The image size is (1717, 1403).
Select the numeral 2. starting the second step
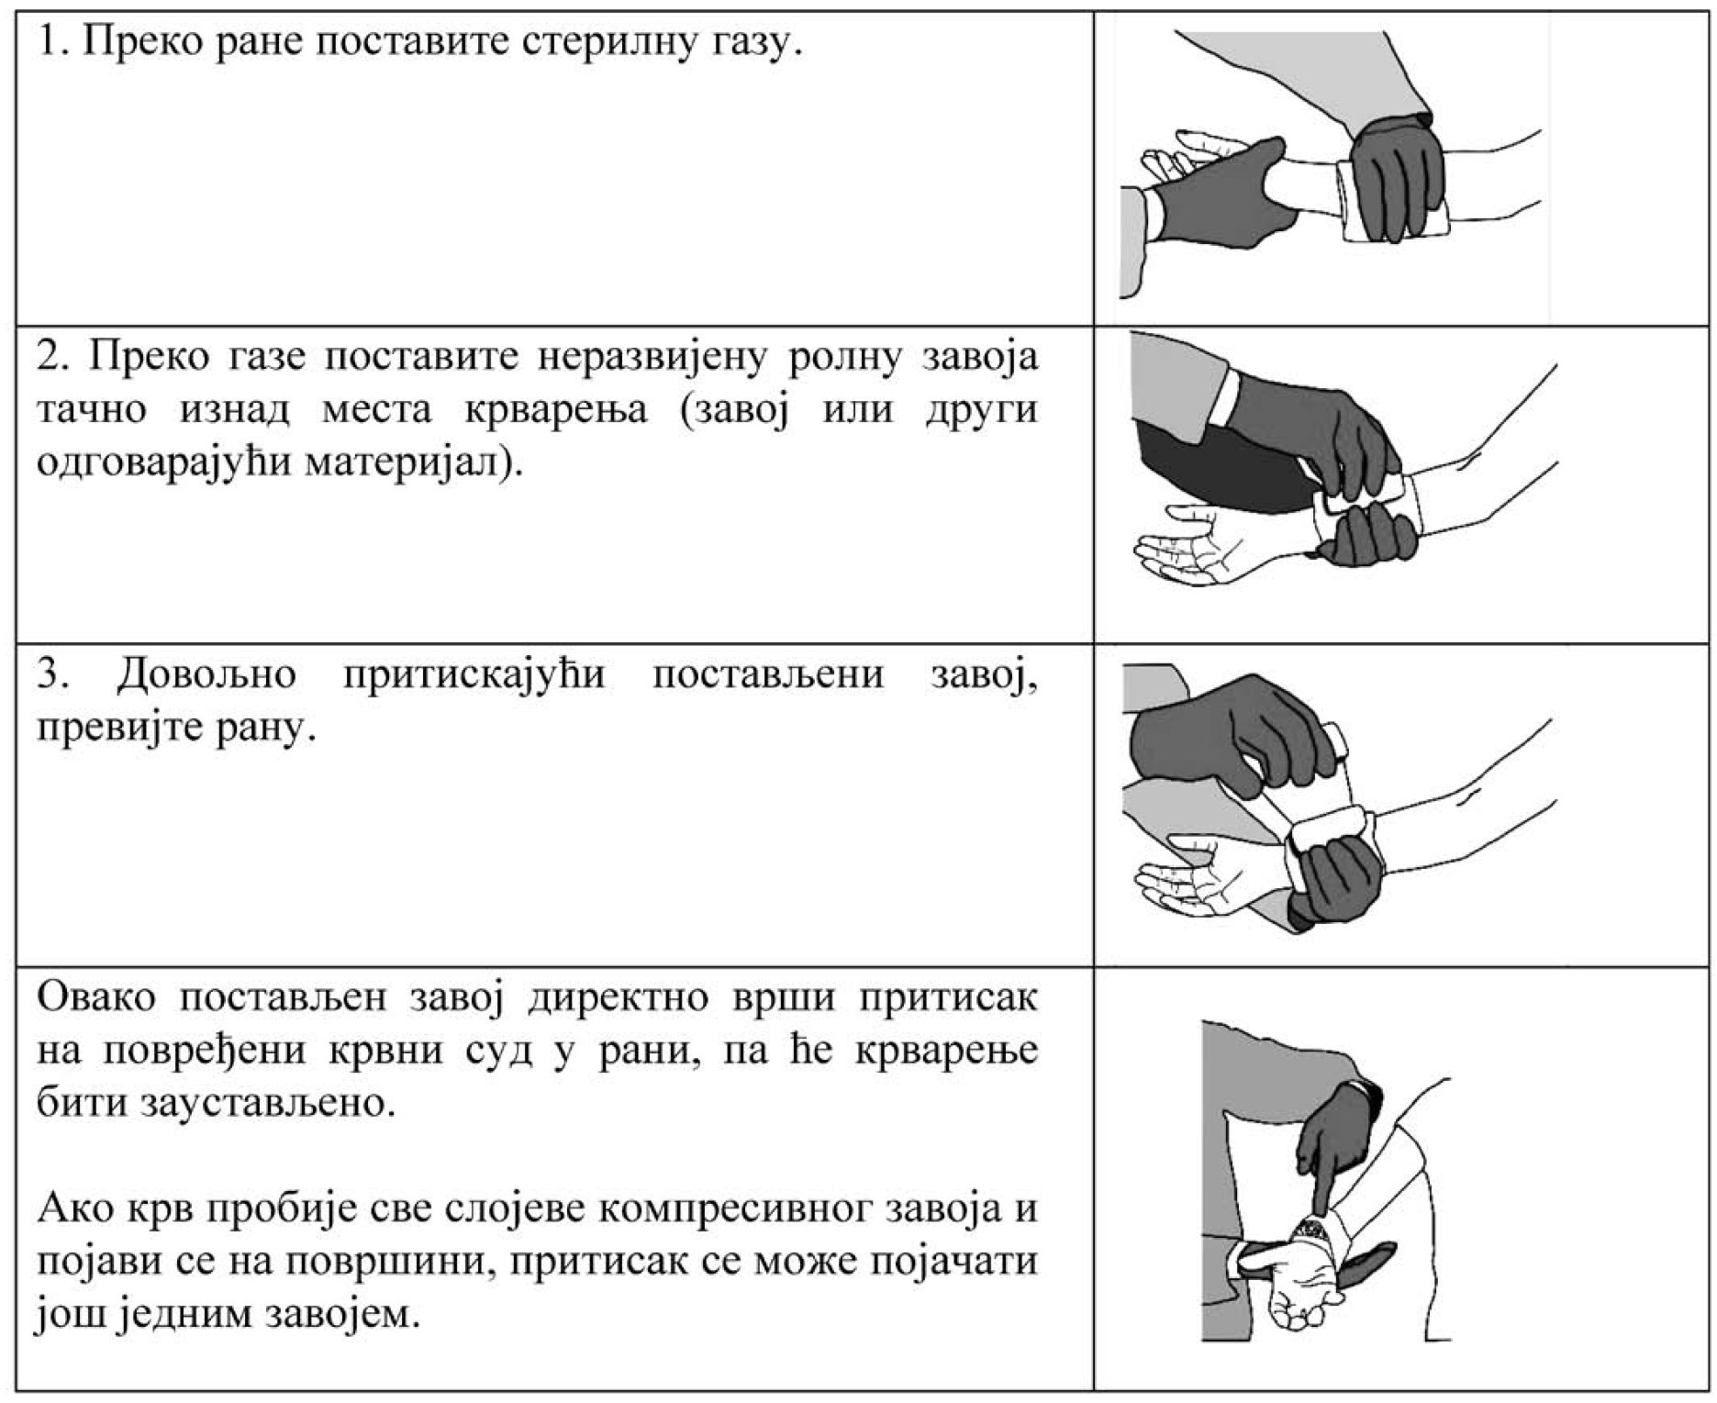click(x=52, y=356)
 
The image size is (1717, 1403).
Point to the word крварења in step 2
click(x=556, y=408)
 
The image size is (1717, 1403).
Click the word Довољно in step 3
click(x=206, y=674)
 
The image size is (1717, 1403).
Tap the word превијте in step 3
click(x=120, y=729)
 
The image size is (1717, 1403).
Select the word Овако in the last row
click(x=96, y=997)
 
